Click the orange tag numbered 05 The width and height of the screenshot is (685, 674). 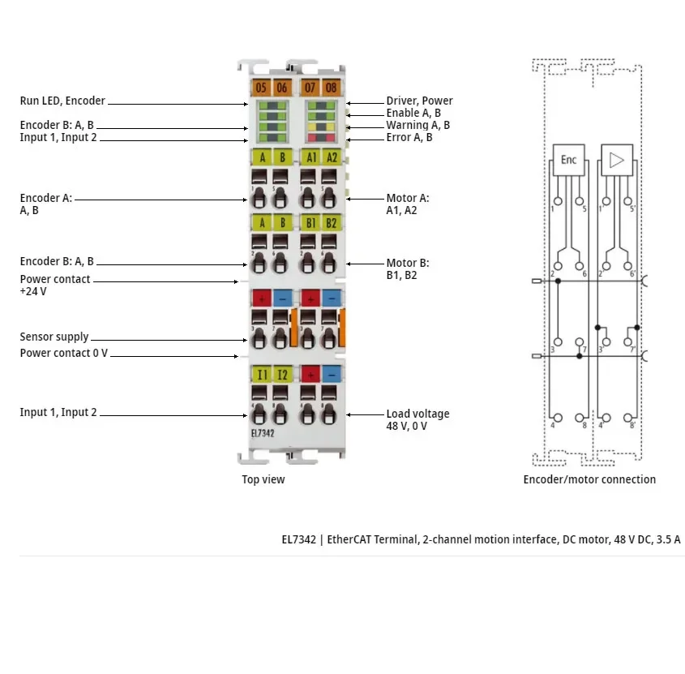(x=260, y=87)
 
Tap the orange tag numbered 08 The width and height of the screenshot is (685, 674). (x=331, y=87)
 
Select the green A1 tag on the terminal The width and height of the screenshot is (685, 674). (x=309, y=157)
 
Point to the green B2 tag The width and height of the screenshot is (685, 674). (x=331, y=222)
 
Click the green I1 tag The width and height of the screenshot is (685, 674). (x=261, y=374)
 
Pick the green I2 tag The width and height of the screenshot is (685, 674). (x=281, y=374)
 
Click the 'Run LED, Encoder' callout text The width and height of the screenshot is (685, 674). (x=62, y=101)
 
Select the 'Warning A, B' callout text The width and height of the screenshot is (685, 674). (x=417, y=125)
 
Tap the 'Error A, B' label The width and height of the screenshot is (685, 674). (x=409, y=137)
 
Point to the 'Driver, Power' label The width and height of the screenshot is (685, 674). (x=419, y=101)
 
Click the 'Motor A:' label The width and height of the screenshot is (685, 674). (x=408, y=198)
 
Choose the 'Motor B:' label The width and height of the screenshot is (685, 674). (x=408, y=263)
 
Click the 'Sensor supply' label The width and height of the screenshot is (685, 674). (x=54, y=337)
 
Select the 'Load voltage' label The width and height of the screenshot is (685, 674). (x=417, y=414)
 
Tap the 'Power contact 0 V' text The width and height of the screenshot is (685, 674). (x=64, y=353)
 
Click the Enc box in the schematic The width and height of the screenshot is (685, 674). (x=568, y=161)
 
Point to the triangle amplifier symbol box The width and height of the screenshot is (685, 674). (x=617, y=161)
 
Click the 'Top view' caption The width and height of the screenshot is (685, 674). (x=263, y=479)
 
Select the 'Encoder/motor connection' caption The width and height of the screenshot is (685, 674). (x=589, y=479)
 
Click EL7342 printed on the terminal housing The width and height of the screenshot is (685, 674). (x=262, y=434)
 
